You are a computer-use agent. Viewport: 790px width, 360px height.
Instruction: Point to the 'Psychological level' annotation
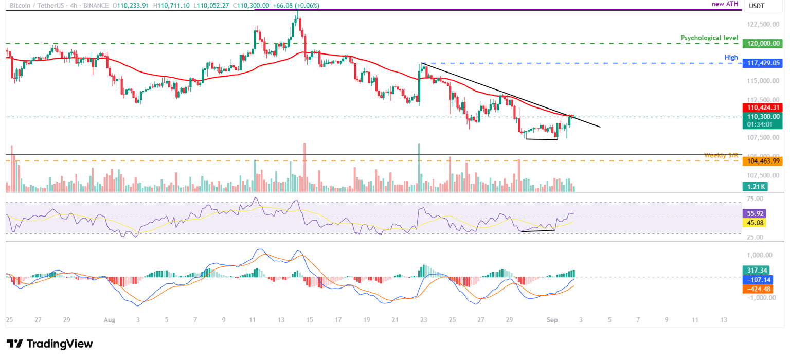click(x=709, y=38)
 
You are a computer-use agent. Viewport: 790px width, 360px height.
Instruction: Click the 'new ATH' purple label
click(x=725, y=4)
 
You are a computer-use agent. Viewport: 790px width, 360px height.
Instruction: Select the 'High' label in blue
click(x=731, y=57)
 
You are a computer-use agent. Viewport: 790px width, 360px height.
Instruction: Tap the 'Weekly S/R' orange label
click(x=721, y=155)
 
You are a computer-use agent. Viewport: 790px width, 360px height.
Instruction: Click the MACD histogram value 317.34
click(x=756, y=270)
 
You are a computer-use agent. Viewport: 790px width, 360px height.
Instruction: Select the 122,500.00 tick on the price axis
click(x=762, y=24)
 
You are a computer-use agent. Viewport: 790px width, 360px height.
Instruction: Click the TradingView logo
click(x=50, y=344)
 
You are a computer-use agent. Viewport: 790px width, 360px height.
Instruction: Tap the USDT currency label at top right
click(x=756, y=6)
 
